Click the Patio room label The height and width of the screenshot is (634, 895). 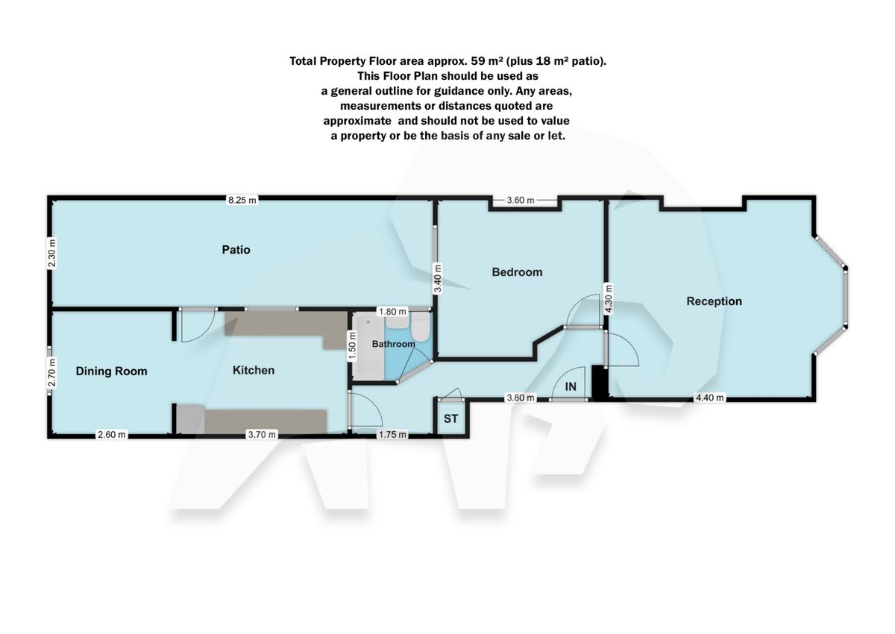click(236, 250)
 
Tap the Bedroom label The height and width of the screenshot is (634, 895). click(517, 272)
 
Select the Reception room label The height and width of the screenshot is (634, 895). click(714, 301)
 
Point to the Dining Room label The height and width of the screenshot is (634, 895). click(111, 371)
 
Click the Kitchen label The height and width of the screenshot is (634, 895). click(254, 370)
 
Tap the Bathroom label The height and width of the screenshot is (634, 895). click(393, 344)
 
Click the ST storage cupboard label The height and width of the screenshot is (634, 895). click(451, 419)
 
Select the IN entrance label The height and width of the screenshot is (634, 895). click(571, 386)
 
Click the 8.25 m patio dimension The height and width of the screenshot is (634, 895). click(242, 200)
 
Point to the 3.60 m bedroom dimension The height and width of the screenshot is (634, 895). click(521, 200)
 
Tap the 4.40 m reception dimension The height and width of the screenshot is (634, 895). click(709, 398)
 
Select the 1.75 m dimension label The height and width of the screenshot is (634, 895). click(392, 435)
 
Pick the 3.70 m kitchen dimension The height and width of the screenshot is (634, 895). click(262, 435)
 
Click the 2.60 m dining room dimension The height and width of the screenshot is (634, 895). click(111, 435)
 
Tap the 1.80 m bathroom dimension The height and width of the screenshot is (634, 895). click(392, 311)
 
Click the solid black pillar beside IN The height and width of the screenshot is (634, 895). click(597, 382)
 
